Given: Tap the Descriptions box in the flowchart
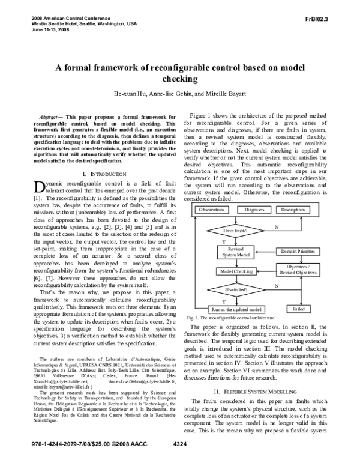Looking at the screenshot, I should coord(293,210).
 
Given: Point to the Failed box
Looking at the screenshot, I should coord(298,309).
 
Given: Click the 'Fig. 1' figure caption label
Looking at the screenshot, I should coord(194,316).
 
